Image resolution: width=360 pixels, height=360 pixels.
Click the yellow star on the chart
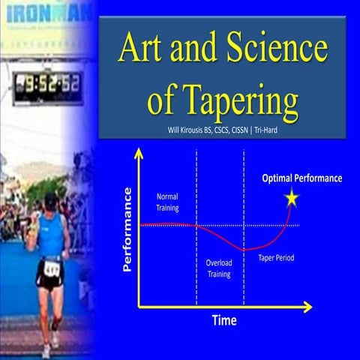(x=291, y=198)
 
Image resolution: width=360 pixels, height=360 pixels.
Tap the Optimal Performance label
(x=301, y=178)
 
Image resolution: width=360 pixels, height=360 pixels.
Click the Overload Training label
(x=219, y=268)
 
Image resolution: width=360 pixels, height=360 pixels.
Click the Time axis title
(x=223, y=320)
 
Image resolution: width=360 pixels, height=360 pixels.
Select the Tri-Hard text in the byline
(x=284, y=130)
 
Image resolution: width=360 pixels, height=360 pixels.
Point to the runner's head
(x=50, y=202)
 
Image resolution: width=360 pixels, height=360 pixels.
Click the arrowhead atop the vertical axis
(x=138, y=153)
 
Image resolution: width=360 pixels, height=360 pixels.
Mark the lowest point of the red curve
(x=244, y=248)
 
